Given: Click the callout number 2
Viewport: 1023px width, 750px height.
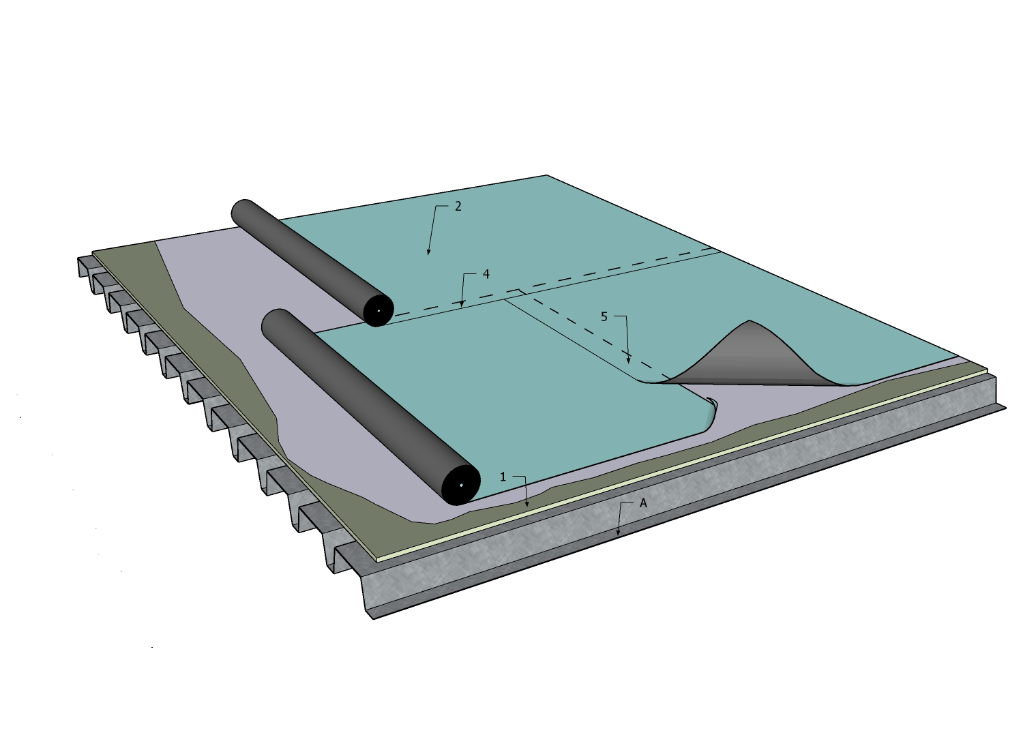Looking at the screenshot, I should click(458, 206).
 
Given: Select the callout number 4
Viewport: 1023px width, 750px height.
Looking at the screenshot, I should click(486, 274).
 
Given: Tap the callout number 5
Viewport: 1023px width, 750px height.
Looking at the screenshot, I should click(604, 316).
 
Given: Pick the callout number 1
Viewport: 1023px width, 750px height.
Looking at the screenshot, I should click(503, 477).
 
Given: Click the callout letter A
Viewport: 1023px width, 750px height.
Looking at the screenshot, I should click(642, 503).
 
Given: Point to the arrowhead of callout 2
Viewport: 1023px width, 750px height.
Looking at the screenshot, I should click(428, 255).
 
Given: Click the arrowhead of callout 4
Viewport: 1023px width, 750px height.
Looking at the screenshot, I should click(462, 305).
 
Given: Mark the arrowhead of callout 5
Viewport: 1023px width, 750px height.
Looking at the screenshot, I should click(629, 361).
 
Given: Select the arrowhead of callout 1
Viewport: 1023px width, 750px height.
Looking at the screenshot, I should click(527, 506).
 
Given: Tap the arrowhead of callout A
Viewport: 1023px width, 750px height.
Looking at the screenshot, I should click(619, 535).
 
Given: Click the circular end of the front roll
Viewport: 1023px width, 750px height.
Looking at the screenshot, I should click(461, 485).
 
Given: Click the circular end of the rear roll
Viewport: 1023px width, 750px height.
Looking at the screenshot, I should click(379, 311).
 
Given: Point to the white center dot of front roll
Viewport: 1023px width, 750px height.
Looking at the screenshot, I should click(461, 485).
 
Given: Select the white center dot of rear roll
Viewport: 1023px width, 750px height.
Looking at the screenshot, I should click(379, 311).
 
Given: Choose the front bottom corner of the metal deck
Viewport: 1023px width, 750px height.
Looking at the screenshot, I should click(372, 618).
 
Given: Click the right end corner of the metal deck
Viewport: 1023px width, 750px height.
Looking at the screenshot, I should click(1005, 408).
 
